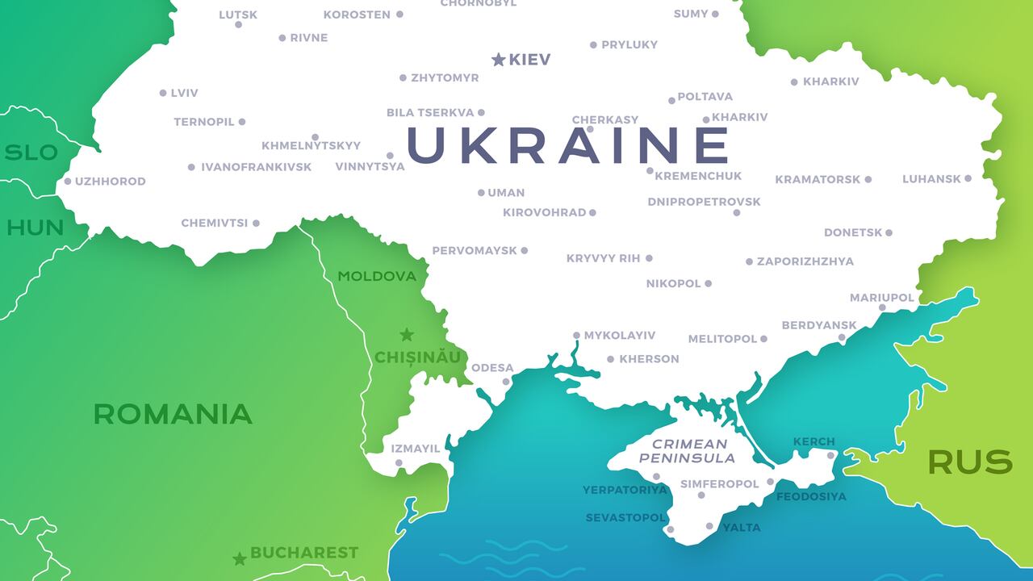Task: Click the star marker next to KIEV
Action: coord(499,59)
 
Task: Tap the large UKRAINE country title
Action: coord(568,145)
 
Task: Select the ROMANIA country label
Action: coord(173,414)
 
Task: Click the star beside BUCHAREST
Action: coord(240,558)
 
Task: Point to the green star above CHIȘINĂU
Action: coord(407,334)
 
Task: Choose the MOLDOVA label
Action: coord(377,276)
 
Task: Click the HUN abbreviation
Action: coord(35,228)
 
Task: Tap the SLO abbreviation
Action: coord(31,153)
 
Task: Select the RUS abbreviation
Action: coord(969,462)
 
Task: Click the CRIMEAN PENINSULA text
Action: coord(688,451)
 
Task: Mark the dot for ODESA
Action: coord(506,382)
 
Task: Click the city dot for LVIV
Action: coord(163,93)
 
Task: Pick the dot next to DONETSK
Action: coord(889,232)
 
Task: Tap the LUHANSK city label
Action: coord(931,179)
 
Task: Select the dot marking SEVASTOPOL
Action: coord(670,529)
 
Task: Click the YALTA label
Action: coord(741,527)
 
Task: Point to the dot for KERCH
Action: coord(830,455)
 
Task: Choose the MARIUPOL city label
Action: coord(881,298)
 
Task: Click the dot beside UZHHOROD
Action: coord(68,182)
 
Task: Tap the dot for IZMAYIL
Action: coord(399,463)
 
